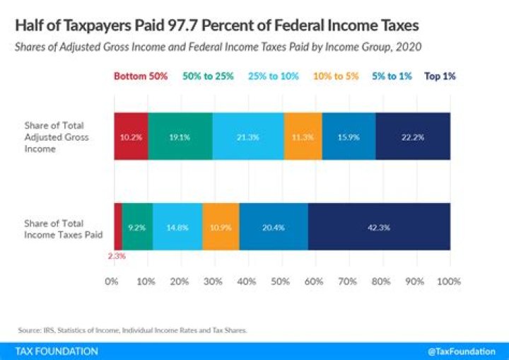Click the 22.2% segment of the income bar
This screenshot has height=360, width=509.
click(413, 136)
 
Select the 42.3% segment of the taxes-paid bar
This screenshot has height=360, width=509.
click(379, 226)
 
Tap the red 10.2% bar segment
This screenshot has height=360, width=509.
click(131, 136)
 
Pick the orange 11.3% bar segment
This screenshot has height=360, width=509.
click(303, 136)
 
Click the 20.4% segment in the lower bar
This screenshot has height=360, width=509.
click(273, 226)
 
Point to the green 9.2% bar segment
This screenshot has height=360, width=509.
click(137, 226)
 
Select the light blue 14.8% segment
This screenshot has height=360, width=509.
click(177, 226)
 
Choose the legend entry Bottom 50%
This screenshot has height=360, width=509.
click(141, 76)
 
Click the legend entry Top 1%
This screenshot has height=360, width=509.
click(440, 76)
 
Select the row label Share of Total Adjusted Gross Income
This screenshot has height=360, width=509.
click(65, 137)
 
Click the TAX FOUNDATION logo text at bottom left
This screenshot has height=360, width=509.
click(57, 351)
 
